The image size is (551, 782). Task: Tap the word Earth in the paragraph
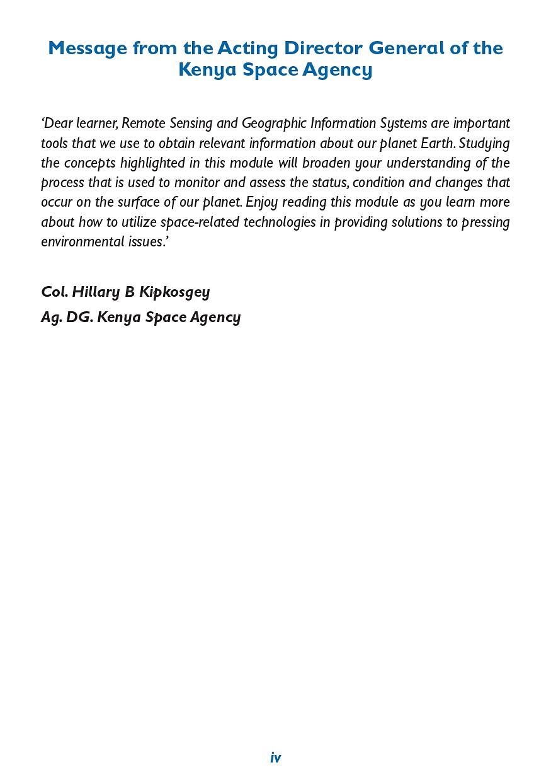[x=436, y=143]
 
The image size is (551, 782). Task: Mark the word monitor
[x=195, y=183]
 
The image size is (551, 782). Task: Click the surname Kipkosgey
[x=174, y=292]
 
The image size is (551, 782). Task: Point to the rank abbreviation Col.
[x=54, y=292]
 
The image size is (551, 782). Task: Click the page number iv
[x=275, y=758]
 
